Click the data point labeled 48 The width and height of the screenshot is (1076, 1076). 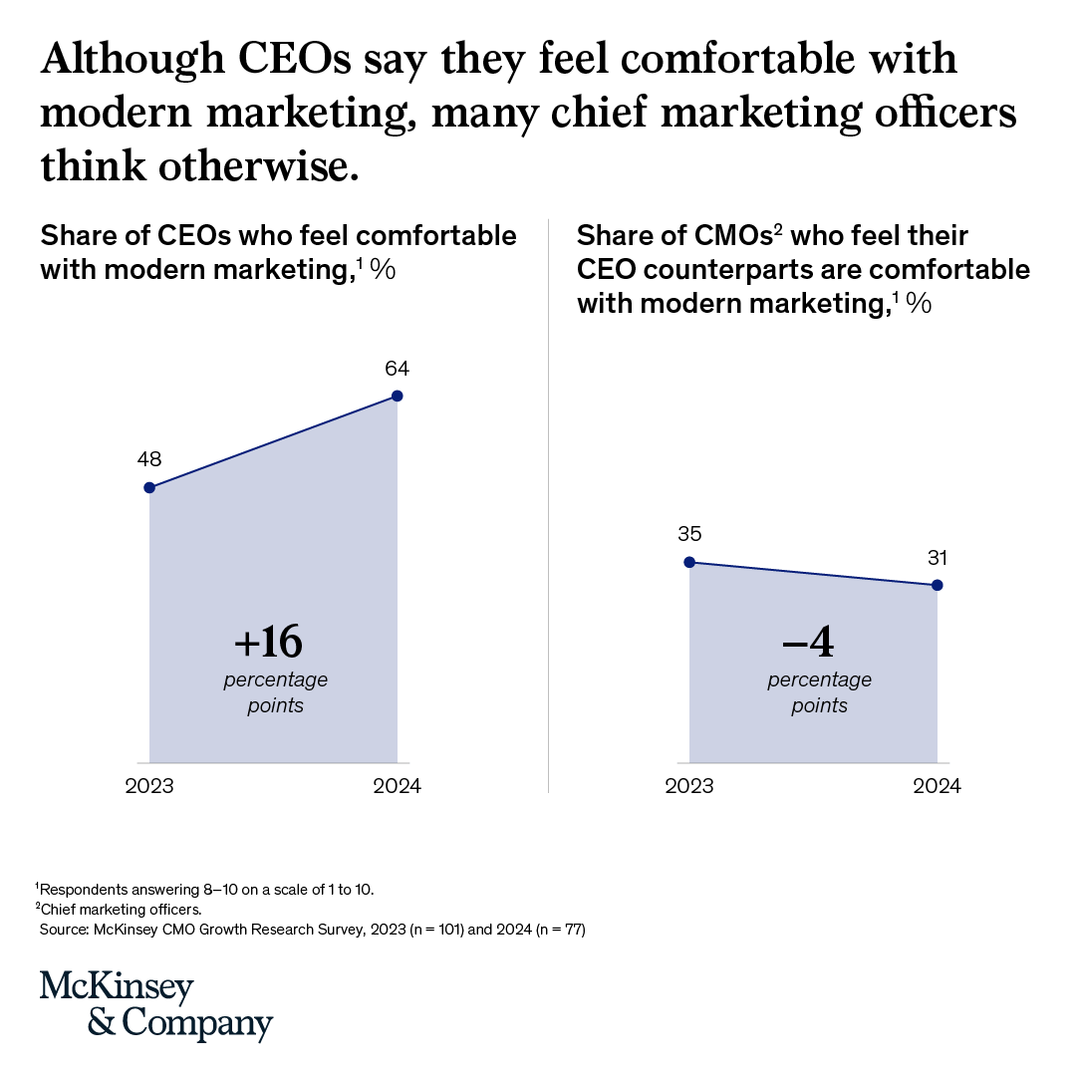[149, 487]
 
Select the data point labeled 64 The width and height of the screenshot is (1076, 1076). [398, 396]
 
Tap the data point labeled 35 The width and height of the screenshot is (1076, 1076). [689, 562]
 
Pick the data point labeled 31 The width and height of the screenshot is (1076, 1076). [938, 585]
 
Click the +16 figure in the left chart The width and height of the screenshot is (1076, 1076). [268, 644]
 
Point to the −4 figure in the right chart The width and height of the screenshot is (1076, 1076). [808, 644]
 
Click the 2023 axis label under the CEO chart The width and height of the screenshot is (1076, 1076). [149, 786]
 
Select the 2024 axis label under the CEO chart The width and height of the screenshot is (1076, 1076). [398, 786]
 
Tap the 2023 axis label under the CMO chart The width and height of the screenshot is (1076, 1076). [689, 786]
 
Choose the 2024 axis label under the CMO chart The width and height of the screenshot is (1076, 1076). [938, 786]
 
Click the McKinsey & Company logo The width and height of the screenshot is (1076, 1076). [156, 1004]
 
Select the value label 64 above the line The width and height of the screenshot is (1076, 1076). [398, 369]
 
